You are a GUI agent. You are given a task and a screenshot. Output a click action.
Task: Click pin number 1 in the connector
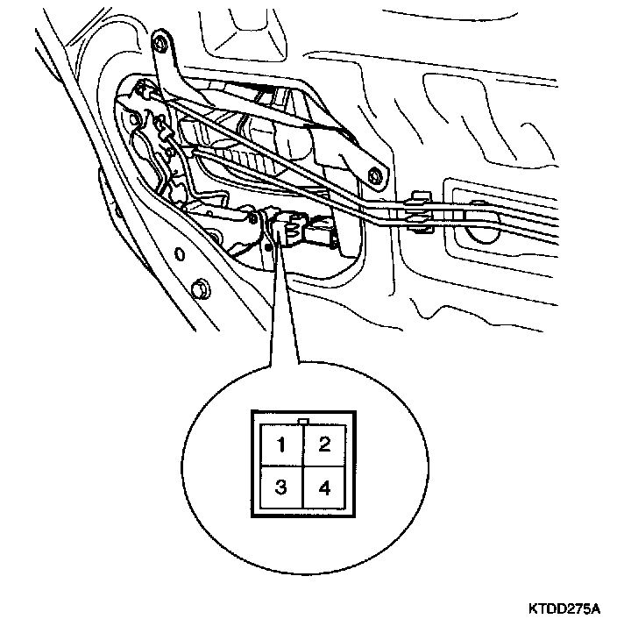[x=280, y=444]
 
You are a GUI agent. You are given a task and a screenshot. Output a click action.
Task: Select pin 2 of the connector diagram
[x=323, y=444]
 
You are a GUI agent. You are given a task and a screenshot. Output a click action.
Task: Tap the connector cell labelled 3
[x=280, y=487]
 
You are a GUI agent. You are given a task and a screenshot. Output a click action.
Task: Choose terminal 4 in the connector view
[x=323, y=487]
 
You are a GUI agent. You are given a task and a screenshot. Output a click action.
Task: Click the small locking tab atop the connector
[x=302, y=421]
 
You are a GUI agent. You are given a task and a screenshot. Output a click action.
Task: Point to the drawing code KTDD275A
[x=564, y=607]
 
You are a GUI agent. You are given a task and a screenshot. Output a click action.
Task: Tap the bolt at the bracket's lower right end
[x=375, y=174]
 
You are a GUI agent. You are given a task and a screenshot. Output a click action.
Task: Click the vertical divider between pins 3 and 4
[x=302, y=488]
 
